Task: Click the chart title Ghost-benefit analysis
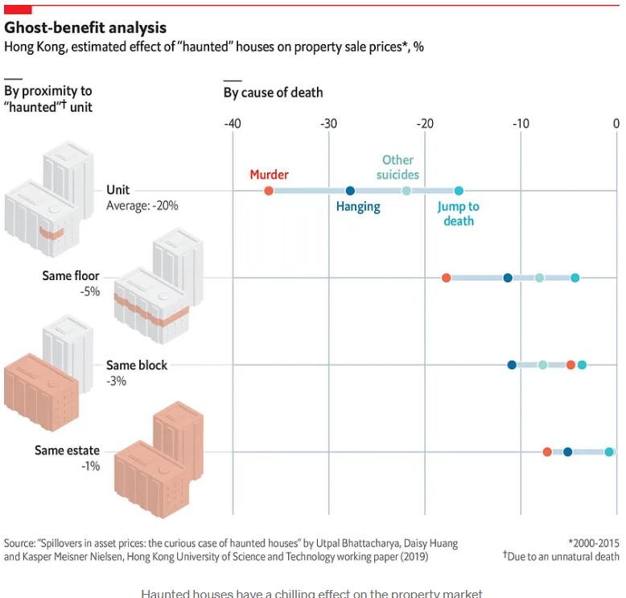85,28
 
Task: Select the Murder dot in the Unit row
269,191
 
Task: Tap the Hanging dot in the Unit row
350,191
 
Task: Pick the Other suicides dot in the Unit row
406,191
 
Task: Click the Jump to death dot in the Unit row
459,191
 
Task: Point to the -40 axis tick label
232,124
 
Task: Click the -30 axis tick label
328,124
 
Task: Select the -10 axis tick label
521,124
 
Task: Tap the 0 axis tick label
616,124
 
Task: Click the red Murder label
269,175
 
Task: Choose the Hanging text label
358,207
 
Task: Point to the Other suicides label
398,167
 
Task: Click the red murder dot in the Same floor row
447,278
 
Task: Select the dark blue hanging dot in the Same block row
512,365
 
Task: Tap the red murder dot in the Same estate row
547,452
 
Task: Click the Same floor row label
71,276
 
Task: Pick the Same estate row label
67,451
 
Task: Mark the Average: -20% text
142,206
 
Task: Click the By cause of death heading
273,93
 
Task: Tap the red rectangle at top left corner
18,9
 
